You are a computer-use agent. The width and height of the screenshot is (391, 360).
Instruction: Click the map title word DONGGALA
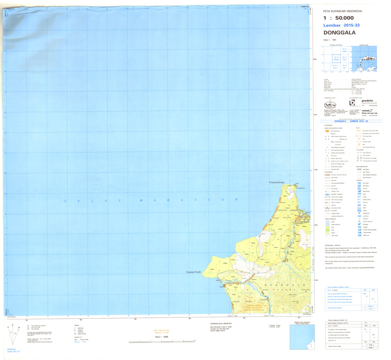pyautogui.click(x=339, y=33)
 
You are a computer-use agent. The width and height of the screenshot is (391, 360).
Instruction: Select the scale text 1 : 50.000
pyautogui.click(x=339, y=18)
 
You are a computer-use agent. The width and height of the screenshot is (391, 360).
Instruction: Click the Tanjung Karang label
pyautogui.click(x=276, y=182)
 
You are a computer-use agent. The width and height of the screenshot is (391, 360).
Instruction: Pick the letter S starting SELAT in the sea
pyautogui.click(x=66, y=201)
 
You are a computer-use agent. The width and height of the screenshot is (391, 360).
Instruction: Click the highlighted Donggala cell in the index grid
pyautogui.click(x=335, y=59)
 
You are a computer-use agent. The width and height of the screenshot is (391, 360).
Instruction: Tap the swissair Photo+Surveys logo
pyautogui.click(x=364, y=112)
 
